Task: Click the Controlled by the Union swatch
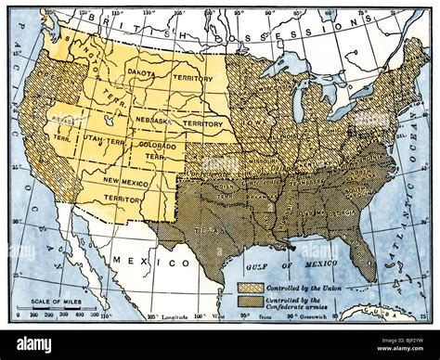[x=250, y=287]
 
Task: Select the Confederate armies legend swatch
[x=250, y=301]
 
